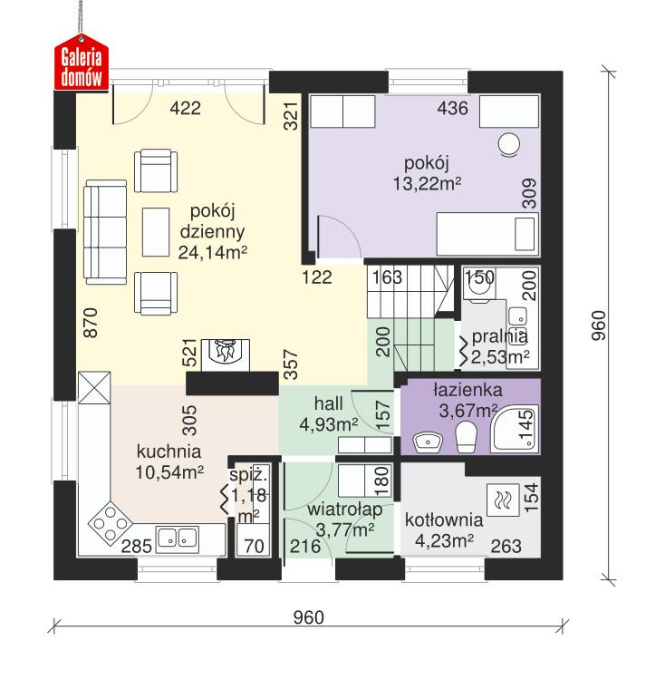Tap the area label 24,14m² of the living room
coord(213,253)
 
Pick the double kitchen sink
coord(178,539)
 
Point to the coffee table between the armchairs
coord(158,230)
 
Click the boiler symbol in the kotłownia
coord(503,500)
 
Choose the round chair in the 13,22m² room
coord(510,144)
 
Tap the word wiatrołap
coord(343,510)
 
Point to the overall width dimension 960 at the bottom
coord(308,618)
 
